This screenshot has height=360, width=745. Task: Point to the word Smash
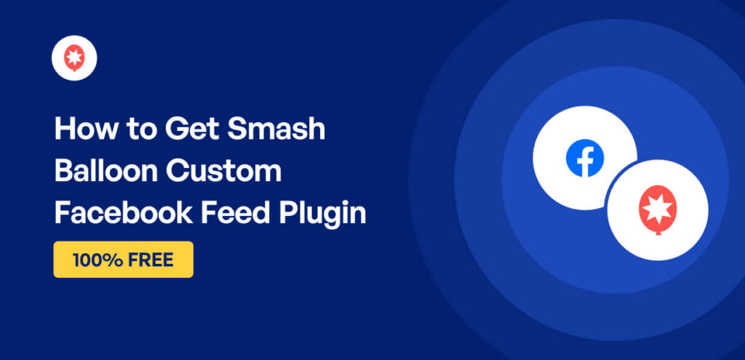(276, 129)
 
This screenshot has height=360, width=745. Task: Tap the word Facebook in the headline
(122, 213)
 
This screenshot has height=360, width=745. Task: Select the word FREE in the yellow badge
(151, 260)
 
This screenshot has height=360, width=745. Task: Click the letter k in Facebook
(186, 213)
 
